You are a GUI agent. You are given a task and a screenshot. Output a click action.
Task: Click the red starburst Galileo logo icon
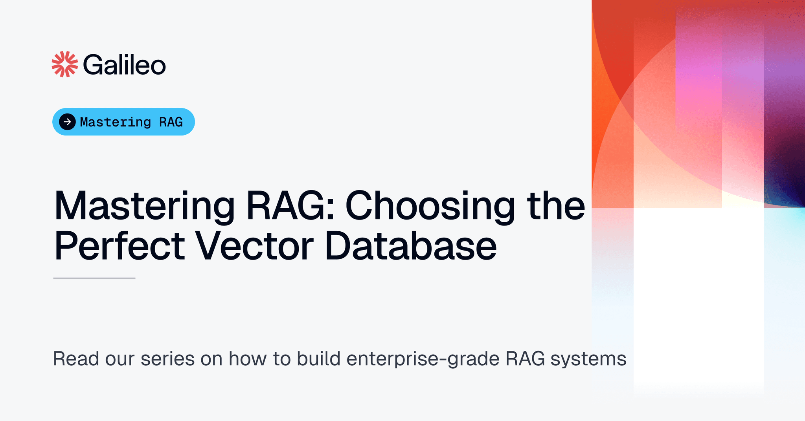[x=65, y=64]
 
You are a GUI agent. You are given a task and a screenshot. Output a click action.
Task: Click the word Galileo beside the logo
[x=124, y=65]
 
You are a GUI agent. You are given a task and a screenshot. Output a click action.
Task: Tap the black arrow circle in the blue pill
[x=67, y=122]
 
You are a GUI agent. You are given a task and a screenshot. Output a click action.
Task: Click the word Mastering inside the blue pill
[x=116, y=122]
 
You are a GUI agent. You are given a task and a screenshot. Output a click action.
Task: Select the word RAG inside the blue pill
[x=171, y=122]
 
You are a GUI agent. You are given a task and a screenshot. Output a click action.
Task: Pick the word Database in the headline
[x=411, y=246]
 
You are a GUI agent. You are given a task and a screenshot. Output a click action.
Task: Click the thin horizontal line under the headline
[x=94, y=278]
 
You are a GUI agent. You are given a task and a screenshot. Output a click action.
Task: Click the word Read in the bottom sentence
[x=76, y=359]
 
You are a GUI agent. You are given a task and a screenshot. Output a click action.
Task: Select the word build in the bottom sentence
[x=318, y=359]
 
